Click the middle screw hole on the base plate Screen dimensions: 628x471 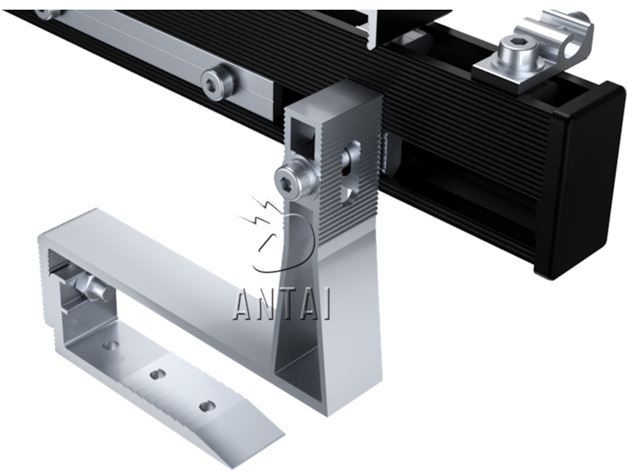[x=158, y=375]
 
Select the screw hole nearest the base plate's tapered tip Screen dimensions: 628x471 [x=207, y=407]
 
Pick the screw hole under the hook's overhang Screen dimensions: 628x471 [x=110, y=345]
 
